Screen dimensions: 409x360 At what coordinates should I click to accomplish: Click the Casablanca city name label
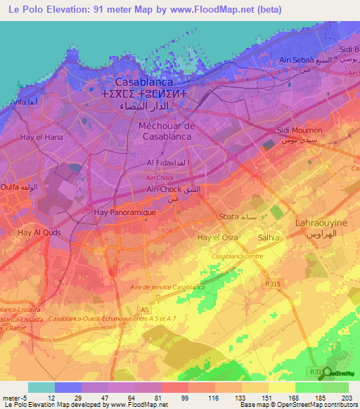click(153, 82)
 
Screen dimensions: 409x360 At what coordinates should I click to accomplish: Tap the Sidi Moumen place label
click(300, 131)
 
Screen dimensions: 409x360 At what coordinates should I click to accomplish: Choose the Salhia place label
click(269, 238)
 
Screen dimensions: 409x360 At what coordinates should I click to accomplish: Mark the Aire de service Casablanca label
click(167, 287)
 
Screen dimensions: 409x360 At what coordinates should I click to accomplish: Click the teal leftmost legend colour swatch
click(41, 387)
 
